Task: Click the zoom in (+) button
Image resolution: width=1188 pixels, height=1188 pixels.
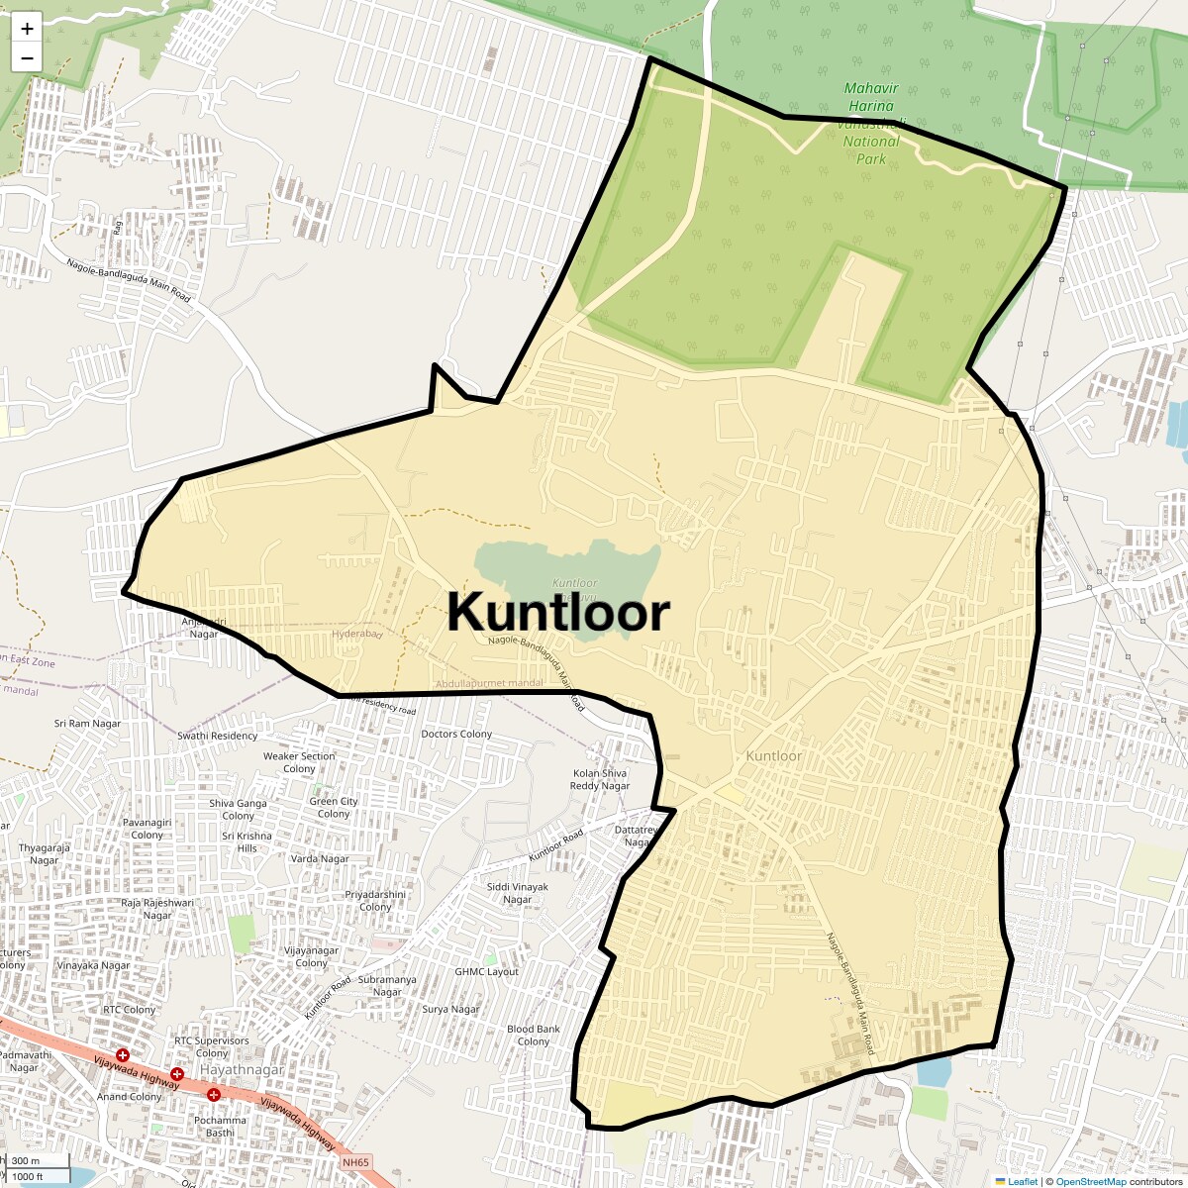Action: coord(27,29)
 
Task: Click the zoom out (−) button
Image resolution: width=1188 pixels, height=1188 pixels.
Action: coord(27,57)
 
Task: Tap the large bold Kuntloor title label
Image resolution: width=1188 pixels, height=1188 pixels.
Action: coord(558,612)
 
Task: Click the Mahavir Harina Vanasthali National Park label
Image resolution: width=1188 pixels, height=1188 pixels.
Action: coord(871,123)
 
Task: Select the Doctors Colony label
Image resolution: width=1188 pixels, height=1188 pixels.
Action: coord(456,734)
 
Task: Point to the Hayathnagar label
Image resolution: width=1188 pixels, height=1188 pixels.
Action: coord(242,1070)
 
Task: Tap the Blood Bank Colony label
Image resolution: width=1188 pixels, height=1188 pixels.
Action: coord(534,1036)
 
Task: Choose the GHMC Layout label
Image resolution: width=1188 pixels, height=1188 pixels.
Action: coord(487,971)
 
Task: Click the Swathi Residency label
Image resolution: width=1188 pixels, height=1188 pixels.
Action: coord(218,736)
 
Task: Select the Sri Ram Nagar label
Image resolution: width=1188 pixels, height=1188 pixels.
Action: coord(87,724)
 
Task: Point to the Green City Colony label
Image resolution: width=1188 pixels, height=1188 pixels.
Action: coord(334,808)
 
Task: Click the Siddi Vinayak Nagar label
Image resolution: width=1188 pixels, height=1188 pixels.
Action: coord(518,893)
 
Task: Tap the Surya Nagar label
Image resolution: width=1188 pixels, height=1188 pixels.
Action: coord(450,1009)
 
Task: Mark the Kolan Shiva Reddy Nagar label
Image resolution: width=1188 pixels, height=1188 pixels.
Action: coord(600,779)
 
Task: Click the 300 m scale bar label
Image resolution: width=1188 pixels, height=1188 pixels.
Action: coord(27,1161)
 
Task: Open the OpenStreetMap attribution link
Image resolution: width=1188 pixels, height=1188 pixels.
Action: coord(1090,1181)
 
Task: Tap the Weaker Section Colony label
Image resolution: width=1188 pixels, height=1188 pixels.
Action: coord(299,762)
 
